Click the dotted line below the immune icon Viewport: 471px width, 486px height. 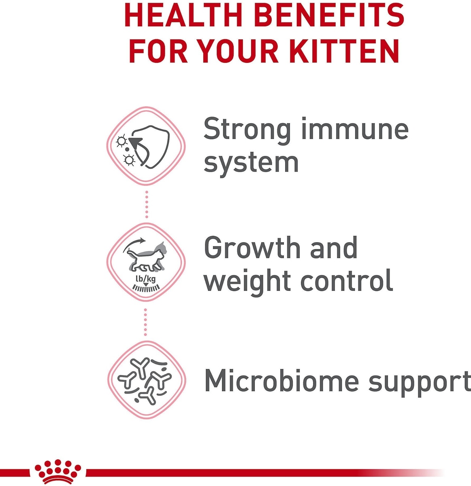pyautogui.click(x=147, y=204)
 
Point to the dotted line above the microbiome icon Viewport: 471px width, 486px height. pyautogui.click(x=146, y=322)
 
